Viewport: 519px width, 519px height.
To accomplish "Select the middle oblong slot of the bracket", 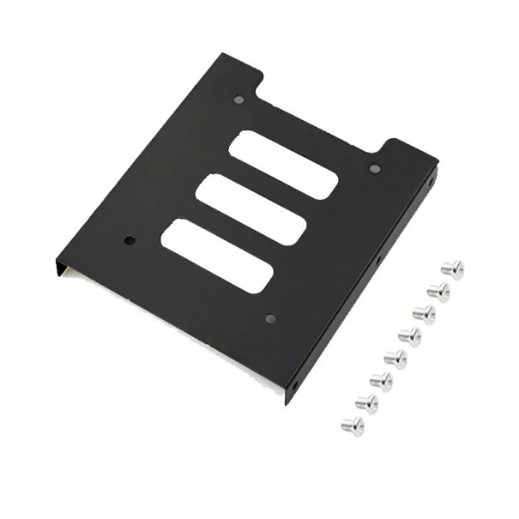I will click(250, 209).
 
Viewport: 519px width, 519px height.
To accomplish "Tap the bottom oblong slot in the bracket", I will click(217, 256).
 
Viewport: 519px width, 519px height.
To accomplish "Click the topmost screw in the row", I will click(452, 269).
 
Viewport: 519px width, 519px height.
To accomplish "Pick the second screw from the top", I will click(438, 292).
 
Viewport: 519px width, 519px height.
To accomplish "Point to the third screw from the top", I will click(425, 314).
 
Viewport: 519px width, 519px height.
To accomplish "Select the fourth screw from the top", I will click(410, 336).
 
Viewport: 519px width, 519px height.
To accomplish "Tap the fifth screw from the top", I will click(395, 358).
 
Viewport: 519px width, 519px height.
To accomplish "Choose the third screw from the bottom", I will click(381, 380).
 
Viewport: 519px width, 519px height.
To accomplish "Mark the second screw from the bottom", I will click(367, 402).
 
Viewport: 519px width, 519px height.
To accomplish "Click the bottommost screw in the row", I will click(353, 425).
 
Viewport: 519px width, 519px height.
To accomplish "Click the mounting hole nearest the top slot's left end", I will click(238, 100).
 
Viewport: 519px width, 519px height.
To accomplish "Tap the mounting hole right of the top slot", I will click(375, 168).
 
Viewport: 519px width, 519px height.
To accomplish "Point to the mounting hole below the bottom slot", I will click(271, 318).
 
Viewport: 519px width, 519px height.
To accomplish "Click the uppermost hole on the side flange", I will click(431, 183).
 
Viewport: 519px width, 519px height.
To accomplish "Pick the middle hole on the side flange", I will click(378, 256).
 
